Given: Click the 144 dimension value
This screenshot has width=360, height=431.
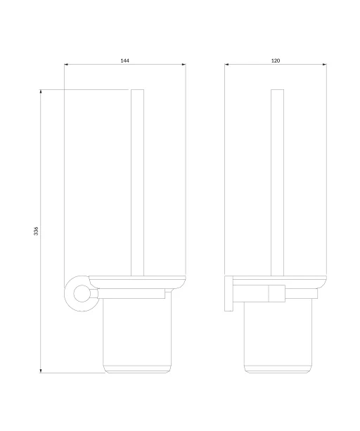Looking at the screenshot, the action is [x=124, y=60].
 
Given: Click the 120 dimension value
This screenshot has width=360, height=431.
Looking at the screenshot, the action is [x=276, y=60].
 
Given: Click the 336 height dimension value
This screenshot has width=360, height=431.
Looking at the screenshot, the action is [x=36, y=231].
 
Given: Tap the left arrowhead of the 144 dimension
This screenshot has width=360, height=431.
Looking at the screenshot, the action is [x=66, y=65].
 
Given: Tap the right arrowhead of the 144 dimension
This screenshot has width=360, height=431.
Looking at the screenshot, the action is [x=184, y=65].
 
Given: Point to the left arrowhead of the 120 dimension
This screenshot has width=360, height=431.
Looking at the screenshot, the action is [x=226, y=65].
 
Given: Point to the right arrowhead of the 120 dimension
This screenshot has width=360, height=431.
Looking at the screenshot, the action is [x=325, y=65].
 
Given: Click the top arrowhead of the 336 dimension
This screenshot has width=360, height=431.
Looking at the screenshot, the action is [x=41, y=91].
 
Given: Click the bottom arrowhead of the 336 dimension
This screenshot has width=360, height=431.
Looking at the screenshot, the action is [x=41, y=371].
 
